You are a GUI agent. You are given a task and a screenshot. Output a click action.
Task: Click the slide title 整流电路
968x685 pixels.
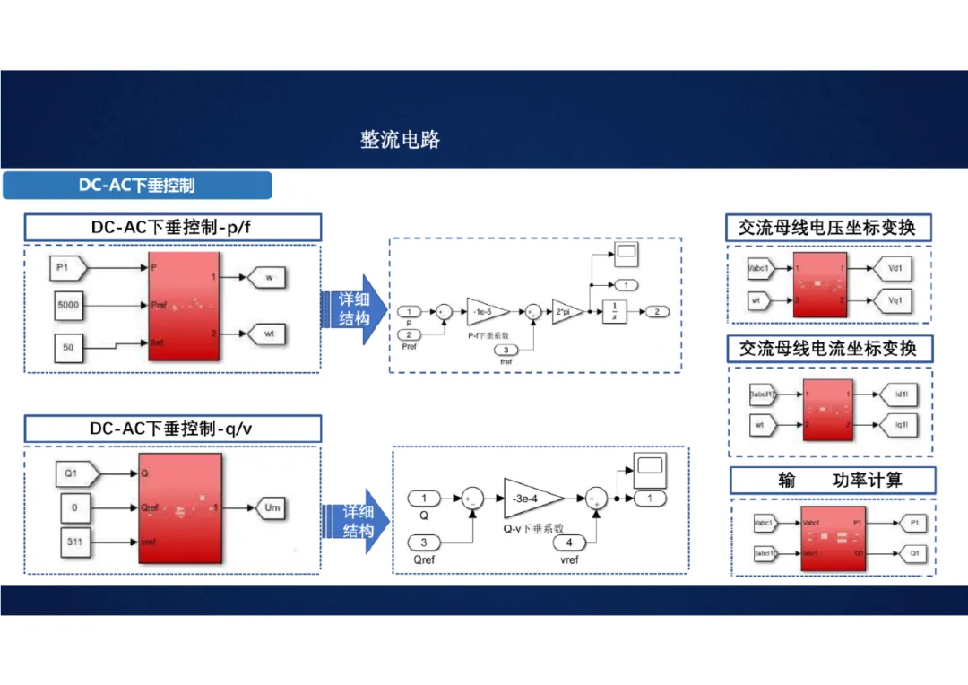pos(400,140)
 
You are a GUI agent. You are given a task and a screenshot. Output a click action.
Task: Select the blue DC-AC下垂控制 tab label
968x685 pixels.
pos(136,186)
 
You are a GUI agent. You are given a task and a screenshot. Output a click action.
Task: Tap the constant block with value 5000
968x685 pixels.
pos(69,306)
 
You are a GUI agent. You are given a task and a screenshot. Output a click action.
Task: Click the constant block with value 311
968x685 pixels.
pos(74,542)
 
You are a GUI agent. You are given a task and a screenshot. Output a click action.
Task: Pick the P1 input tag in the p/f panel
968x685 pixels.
pos(68,267)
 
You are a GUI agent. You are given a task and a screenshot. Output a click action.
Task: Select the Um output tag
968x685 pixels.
pos(272,507)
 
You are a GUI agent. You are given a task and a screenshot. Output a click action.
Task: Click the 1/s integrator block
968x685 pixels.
pos(614,311)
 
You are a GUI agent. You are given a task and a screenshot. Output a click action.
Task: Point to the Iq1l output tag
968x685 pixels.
pos(900,424)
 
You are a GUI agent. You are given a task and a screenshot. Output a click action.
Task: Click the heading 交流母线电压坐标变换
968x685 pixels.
pos(827,228)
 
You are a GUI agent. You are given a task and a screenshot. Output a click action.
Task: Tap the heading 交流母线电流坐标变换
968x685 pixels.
pos(827,348)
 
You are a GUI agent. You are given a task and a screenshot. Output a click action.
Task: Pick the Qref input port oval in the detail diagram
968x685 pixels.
pos(425,542)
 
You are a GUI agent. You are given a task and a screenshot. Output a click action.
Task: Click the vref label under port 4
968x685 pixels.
pos(568,559)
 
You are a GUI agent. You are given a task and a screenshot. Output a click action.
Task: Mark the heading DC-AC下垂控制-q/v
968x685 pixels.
pos(171,429)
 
